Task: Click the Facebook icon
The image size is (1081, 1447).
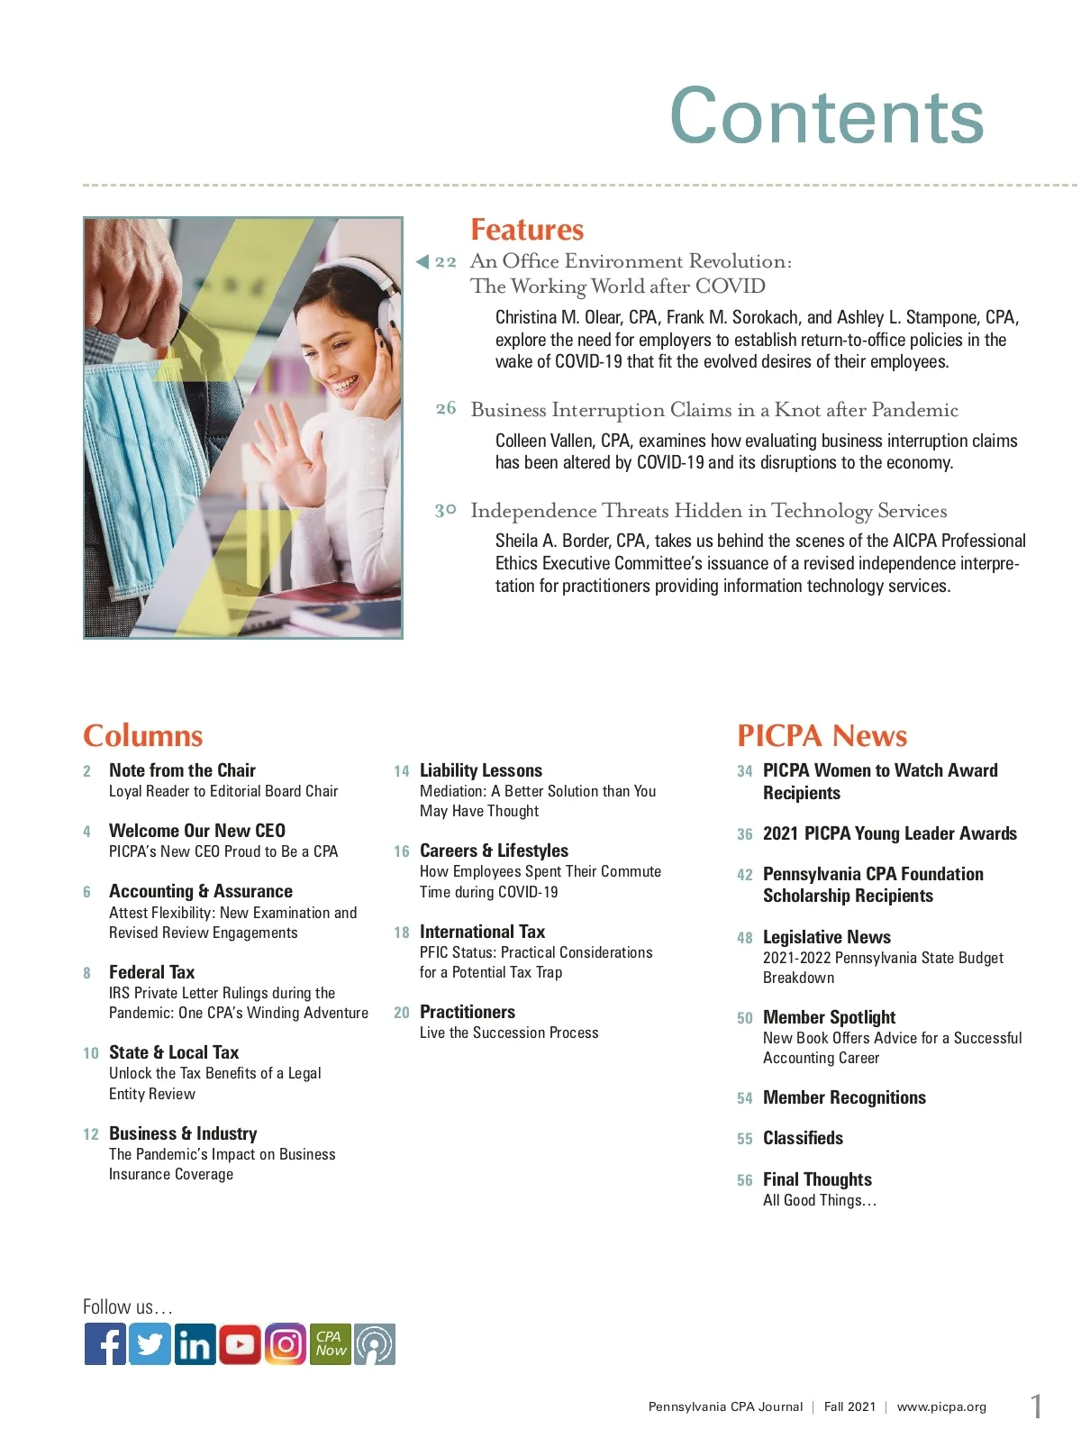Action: click(x=105, y=1344)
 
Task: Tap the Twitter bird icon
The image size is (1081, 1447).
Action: click(x=150, y=1344)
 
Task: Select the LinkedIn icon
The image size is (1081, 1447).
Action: click(x=195, y=1344)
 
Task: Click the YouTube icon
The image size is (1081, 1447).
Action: click(x=240, y=1344)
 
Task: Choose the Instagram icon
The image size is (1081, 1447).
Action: click(x=286, y=1344)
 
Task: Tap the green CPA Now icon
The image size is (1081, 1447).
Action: click(x=331, y=1344)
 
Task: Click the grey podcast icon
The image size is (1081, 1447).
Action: click(x=375, y=1344)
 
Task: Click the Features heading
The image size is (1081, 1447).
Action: click(x=527, y=230)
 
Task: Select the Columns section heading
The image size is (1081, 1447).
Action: click(x=143, y=735)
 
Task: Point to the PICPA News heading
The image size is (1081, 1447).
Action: click(x=822, y=735)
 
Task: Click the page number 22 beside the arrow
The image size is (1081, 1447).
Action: click(x=446, y=262)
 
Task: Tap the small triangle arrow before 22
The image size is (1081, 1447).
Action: click(x=422, y=262)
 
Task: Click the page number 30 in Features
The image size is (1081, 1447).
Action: click(x=446, y=511)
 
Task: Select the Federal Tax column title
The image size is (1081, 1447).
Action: click(x=151, y=972)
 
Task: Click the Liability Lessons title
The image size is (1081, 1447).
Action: click(x=481, y=770)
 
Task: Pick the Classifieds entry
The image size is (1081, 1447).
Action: click(x=803, y=1138)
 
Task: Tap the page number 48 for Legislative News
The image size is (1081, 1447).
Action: click(x=745, y=938)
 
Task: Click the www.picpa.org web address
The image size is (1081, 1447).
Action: click(x=941, y=1406)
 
